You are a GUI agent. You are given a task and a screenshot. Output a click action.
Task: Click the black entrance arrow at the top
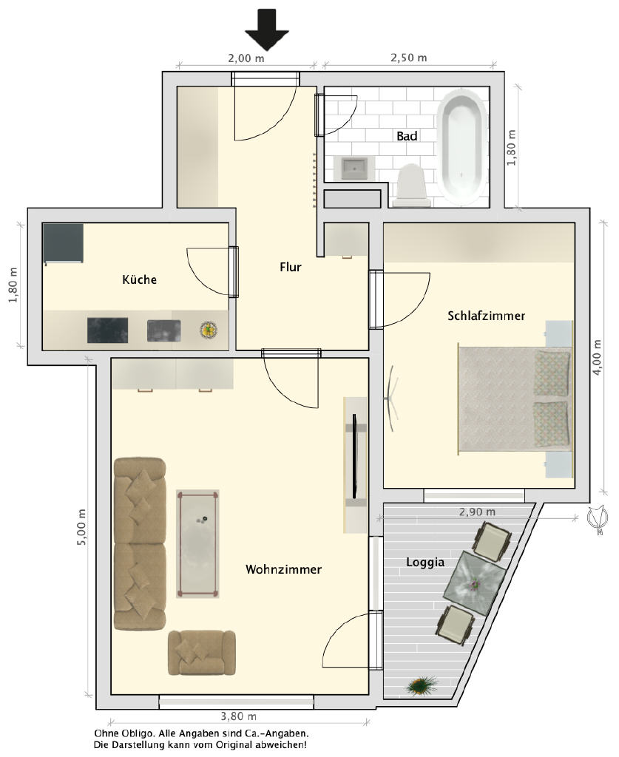click(266, 30)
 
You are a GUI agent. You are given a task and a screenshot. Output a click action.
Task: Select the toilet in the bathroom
click(411, 186)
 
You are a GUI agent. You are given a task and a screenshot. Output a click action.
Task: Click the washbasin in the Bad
click(356, 168)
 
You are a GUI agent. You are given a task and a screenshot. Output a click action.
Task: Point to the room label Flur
click(290, 267)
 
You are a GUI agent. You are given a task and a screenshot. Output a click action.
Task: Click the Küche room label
click(139, 279)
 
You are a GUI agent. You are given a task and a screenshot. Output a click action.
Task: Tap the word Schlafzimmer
click(486, 316)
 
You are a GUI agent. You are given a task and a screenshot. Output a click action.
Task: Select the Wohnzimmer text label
click(283, 569)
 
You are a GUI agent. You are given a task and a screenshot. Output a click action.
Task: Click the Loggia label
click(425, 562)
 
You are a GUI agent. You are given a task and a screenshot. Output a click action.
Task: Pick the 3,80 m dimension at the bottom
click(239, 716)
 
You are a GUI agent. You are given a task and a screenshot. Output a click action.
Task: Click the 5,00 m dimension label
click(81, 527)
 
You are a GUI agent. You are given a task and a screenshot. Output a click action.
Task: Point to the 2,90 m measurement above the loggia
click(477, 512)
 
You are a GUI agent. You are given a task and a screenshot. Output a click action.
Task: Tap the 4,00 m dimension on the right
click(598, 358)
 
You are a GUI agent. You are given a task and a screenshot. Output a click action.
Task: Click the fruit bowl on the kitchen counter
click(209, 330)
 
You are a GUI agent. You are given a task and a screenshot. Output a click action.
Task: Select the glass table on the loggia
click(475, 584)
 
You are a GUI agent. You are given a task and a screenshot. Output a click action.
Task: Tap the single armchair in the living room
click(202, 653)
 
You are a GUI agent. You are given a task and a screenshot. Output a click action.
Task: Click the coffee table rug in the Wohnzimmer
click(197, 544)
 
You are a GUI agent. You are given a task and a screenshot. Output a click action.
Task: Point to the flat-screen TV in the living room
click(356, 456)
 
